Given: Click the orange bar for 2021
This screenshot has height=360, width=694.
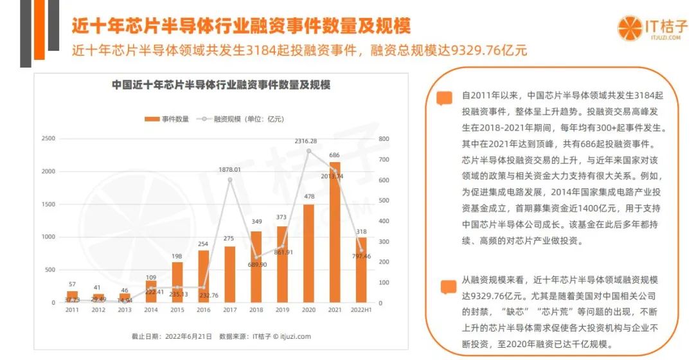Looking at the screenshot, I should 334,232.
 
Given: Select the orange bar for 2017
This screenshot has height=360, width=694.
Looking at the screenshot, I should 230,274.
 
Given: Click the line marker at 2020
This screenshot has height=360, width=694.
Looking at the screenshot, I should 308,151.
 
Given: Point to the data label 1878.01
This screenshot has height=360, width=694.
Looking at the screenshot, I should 229,170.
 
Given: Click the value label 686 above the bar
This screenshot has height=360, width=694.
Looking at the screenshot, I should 334,155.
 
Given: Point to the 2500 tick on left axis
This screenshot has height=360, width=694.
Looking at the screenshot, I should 49,139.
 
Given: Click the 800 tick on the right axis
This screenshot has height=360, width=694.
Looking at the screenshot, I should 384,139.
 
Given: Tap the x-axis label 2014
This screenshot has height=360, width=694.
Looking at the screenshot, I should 151,310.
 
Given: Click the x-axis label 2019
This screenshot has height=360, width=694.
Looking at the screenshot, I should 282,310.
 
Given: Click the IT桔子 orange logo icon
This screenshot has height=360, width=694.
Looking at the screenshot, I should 629,28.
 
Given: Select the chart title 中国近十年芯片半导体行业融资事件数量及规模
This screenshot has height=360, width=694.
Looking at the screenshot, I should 221,84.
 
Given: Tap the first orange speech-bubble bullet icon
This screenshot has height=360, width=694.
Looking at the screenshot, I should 445,98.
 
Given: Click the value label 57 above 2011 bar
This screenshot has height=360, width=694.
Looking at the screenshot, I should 73,283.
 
